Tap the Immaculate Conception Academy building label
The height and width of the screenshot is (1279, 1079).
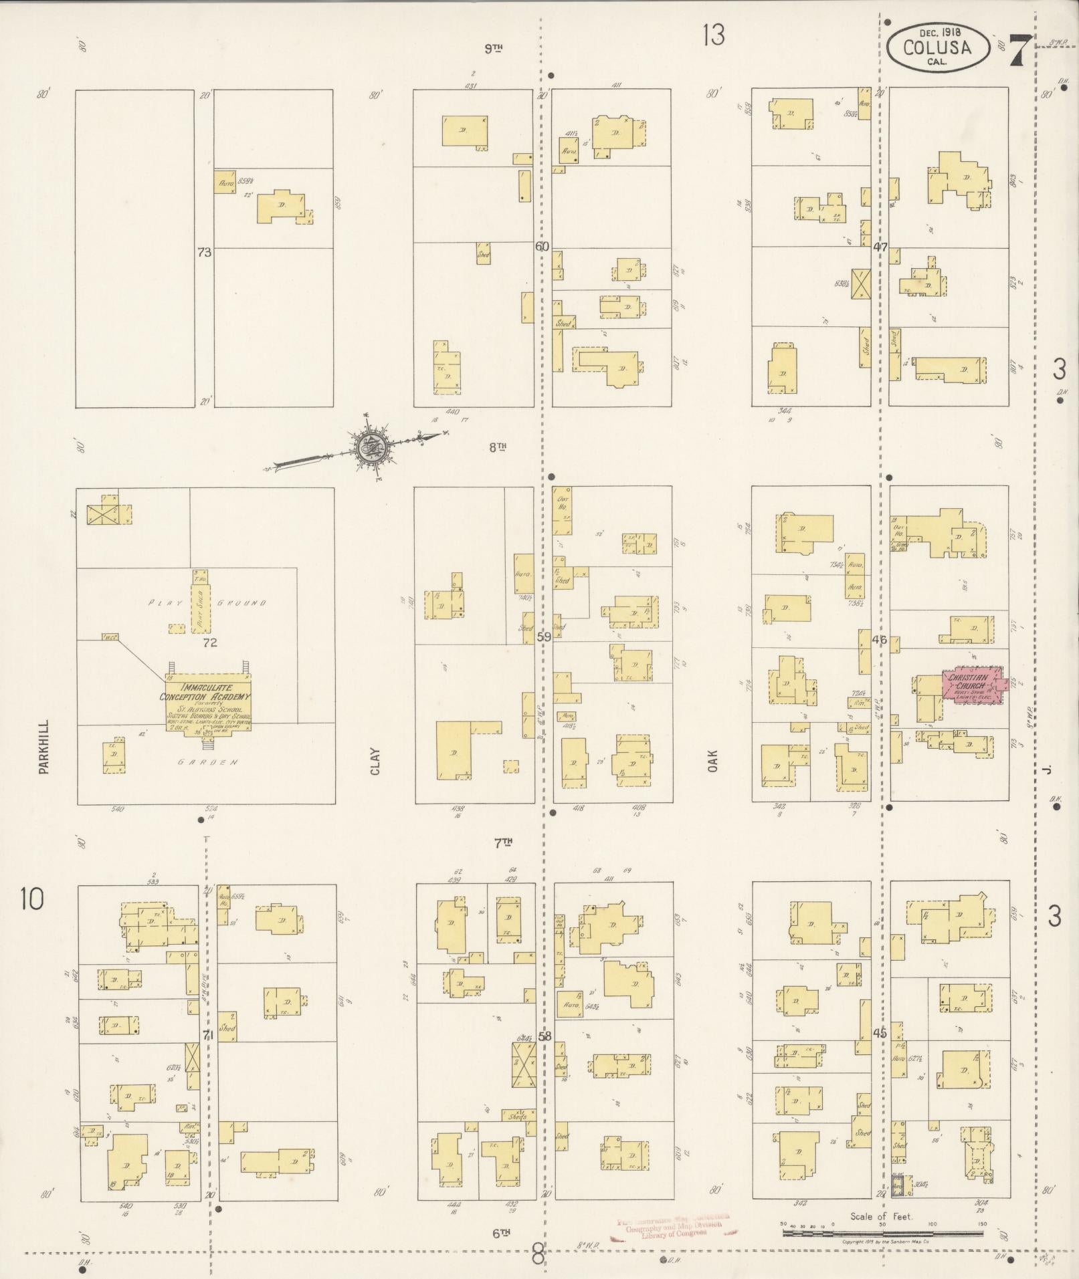(207, 692)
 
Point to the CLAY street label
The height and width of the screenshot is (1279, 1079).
(375, 761)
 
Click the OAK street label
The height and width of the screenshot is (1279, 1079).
(713, 760)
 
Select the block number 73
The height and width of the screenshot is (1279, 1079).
(204, 252)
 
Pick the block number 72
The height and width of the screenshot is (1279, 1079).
(211, 643)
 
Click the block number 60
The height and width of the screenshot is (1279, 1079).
(542, 246)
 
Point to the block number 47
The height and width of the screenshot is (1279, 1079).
(880, 247)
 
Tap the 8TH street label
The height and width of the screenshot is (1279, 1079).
(496, 447)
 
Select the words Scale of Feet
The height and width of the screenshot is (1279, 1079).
(881, 1216)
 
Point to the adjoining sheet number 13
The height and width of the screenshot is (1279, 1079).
(713, 35)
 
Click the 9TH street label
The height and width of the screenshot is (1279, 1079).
(493, 47)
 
